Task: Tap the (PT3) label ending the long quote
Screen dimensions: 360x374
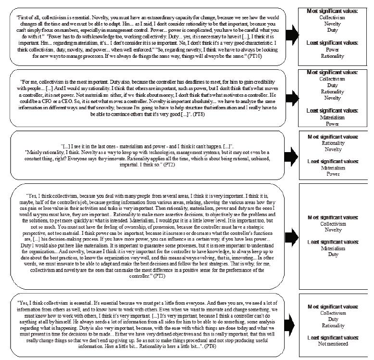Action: click(x=173, y=278)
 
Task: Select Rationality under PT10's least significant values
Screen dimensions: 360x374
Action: click(x=333, y=56)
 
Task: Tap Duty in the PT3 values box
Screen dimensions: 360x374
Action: click(x=333, y=255)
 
